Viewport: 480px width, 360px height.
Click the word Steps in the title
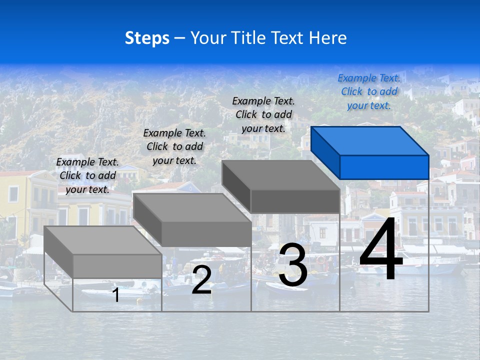point(147,38)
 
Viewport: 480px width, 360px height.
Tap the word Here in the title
point(327,38)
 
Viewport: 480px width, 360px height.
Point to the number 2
point(201,280)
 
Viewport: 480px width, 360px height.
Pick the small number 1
point(116,295)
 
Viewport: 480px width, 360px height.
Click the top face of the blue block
point(370,140)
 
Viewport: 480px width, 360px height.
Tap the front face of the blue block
point(384,167)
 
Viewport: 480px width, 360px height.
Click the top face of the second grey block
point(192,207)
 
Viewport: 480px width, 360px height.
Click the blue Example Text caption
point(369,91)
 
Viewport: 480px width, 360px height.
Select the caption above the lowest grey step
point(87,175)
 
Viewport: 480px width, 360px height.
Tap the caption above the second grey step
point(174,146)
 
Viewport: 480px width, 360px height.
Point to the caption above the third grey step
point(263,114)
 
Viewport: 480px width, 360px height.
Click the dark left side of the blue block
point(325,152)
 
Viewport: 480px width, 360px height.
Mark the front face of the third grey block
point(295,201)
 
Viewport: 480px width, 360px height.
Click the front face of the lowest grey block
point(117,266)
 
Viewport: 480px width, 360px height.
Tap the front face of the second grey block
point(206,234)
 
